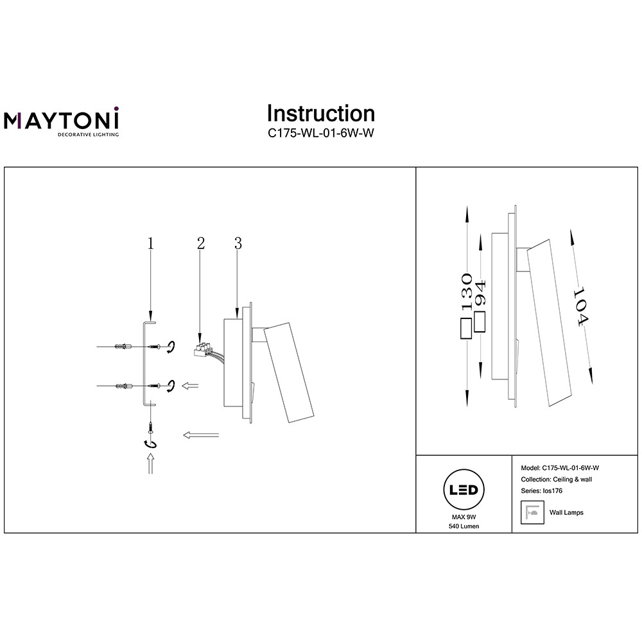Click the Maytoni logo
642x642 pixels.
coord(62,121)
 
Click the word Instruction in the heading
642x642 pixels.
coord(320,114)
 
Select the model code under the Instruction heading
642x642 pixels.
coord(320,135)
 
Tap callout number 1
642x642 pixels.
coord(150,243)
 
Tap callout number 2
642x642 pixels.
coord(201,243)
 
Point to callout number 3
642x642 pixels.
coord(238,243)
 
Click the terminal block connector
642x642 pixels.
coord(204,351)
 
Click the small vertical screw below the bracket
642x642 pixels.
coord(150,426)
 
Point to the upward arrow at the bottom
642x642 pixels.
coord(150,463)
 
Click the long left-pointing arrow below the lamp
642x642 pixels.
coord(201,435)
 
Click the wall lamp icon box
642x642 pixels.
coord(530,513)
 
